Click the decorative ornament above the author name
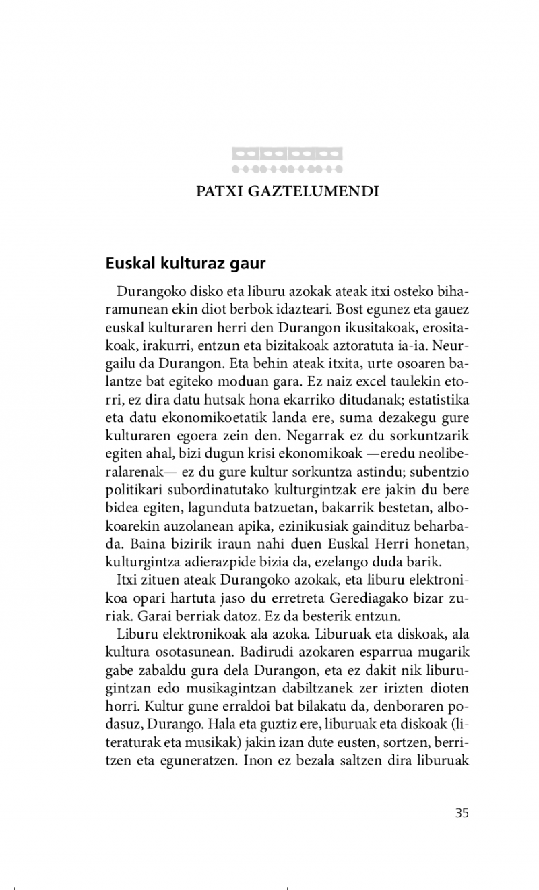tap(287, 160)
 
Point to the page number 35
tap(462, 812)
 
